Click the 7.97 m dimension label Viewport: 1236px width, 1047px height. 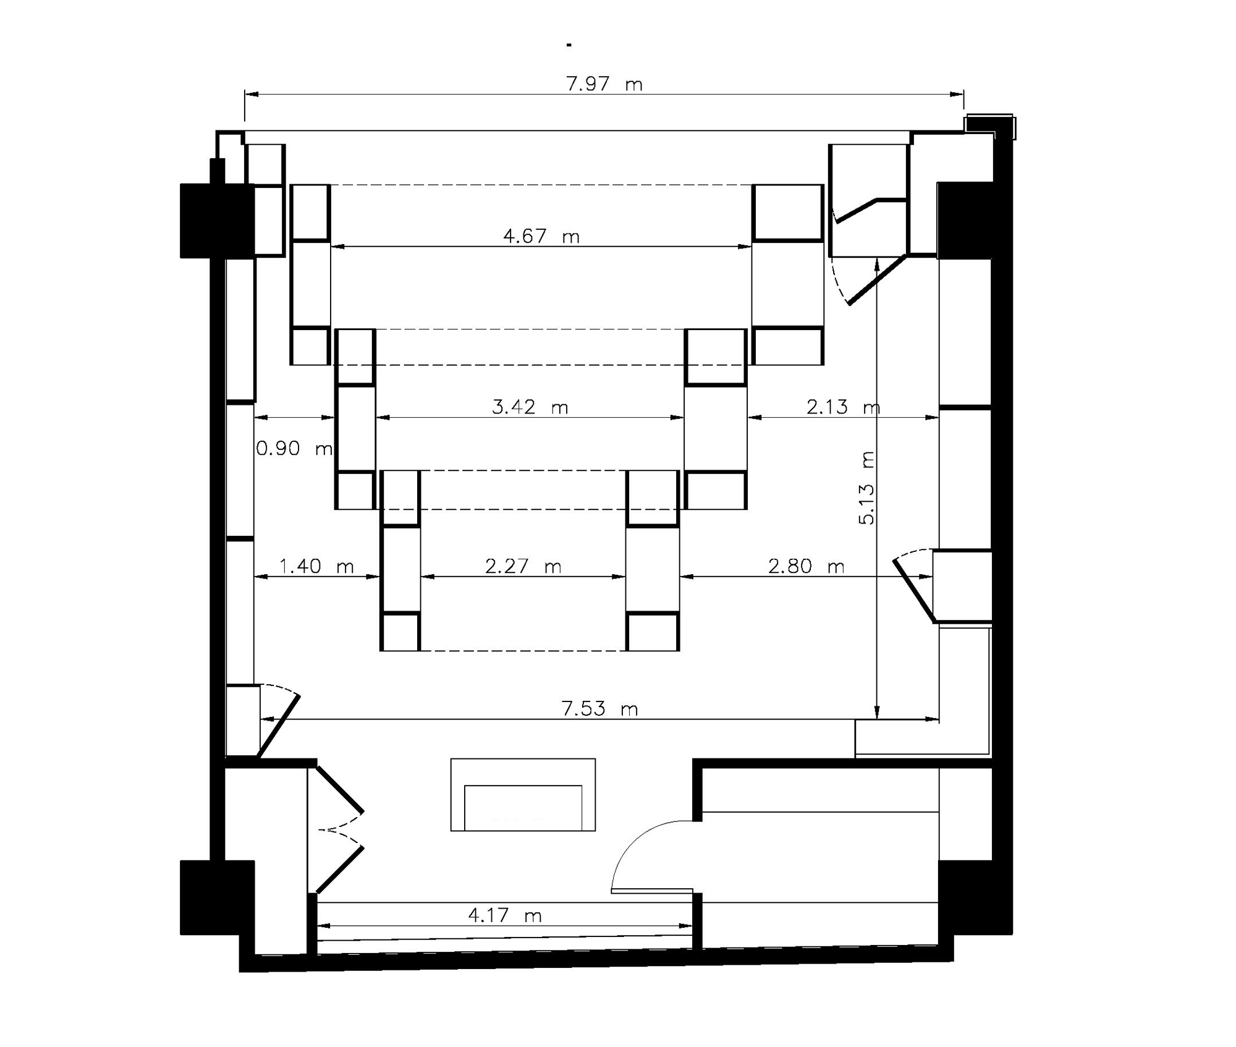[605, 83]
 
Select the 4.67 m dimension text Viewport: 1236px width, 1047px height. [541, 236]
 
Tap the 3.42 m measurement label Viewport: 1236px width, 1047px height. [530, 407]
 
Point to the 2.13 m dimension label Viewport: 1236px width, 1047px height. [844, 407]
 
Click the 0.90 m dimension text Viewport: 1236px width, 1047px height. [295, 448]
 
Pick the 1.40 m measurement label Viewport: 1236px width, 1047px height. [316, 566]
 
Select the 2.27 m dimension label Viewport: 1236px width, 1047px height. [523, 566]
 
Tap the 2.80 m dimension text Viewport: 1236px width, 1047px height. [806, 566]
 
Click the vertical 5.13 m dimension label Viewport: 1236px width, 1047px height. [867, 488]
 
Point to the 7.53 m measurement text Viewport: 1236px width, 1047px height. [599, 708]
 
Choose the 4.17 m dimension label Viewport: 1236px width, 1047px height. [505, 915]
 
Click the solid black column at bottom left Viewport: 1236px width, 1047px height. [217, 897]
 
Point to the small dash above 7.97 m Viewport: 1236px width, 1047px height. [569, 45]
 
